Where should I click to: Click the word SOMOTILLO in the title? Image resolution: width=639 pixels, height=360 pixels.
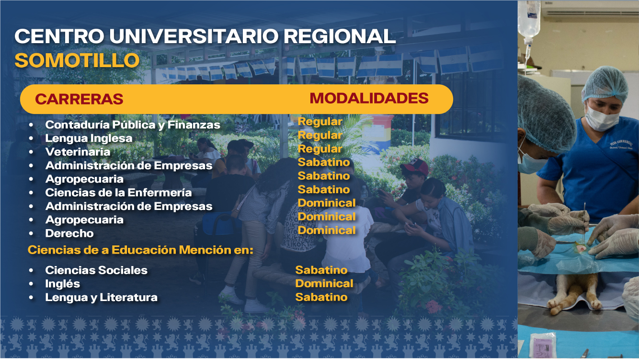click(x=77, y=60)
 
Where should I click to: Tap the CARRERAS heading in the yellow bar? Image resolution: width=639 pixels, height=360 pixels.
click(x=79, y=99)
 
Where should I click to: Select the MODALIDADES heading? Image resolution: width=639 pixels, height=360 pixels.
click(x=369, y=98)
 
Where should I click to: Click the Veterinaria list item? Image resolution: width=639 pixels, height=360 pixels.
click(x=78, y=152)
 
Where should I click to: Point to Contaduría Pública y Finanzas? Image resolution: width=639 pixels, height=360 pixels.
click(x=133, y=125)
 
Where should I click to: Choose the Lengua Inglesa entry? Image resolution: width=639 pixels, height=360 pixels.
click(x=89, y=139)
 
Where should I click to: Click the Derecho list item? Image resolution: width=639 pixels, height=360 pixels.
click(x=69, y=233)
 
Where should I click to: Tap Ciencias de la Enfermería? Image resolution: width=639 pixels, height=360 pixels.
click(x=118, y=193)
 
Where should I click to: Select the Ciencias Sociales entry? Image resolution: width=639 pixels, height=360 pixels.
click(x=96, y=270)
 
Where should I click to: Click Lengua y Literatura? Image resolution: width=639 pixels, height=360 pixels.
click(x=101, y=298)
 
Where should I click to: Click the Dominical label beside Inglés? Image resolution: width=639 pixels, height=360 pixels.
click(x=324, y=283)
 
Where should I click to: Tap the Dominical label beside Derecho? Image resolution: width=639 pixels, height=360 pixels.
click(x=327, y=231)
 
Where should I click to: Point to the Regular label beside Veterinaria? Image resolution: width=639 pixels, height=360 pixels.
click(x=320, y=149)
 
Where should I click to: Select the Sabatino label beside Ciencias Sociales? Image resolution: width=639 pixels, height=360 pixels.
click(x=321, y=270)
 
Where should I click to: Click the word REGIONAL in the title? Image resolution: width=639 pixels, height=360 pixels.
click(x=340, y=36)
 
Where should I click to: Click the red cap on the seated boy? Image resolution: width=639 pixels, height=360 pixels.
click(x=415, y=167)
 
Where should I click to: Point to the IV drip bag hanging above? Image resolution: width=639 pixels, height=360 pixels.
click(x=529, y=19)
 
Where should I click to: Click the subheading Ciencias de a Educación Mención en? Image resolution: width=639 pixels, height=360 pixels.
click(x=140, y=250)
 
